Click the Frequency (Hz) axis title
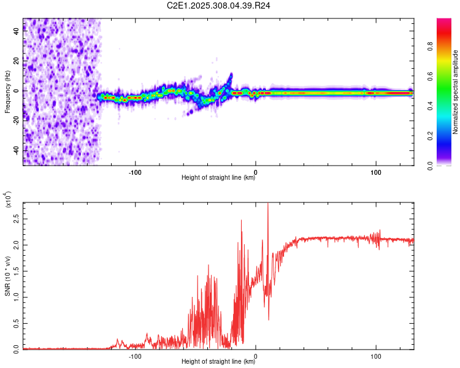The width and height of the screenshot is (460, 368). (x=7, y=92)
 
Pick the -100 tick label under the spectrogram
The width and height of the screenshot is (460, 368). (x=136, y=172)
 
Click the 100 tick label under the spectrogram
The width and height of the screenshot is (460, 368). (x=375, y=172)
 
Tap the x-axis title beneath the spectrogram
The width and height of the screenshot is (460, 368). (x=218, y=178)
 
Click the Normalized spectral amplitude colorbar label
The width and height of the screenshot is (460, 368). (x=456, y=92)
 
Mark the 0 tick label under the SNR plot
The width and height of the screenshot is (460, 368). (x=256, y=356)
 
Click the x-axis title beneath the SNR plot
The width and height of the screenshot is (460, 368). (x=218, y=362)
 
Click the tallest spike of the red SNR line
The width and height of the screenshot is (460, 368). (x=267, y=205)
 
